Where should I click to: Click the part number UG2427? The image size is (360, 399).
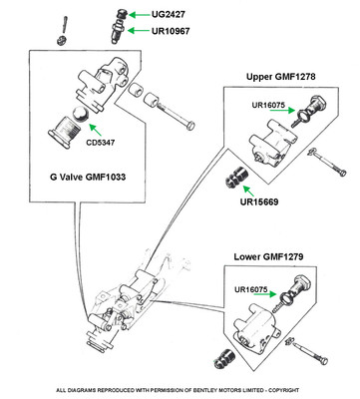coord(169,14)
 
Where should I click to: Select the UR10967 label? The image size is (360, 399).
coord(171,31)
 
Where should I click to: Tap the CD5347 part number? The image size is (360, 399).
coord(101,143)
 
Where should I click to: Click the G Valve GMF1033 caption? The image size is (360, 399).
coord(88,177)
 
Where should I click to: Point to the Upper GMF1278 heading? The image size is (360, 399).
coord(281,77)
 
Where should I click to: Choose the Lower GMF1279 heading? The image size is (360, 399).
coord(268,257)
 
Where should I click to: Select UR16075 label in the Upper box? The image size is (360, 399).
coord(268,105)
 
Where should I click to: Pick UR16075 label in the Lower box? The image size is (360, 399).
coord(251,289)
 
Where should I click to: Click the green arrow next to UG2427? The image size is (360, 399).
coord(139,14)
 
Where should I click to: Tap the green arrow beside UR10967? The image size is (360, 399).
coord(139,31)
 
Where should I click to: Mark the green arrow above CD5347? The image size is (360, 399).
coord(95,130)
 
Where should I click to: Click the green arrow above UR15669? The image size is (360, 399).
coord(248,191)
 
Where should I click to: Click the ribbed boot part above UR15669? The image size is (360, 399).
coord(235,177)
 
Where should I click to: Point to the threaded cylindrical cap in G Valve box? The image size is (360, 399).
coord(65,132)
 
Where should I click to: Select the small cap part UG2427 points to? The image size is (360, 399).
coord(122,14)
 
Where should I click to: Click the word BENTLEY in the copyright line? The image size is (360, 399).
coord(191,390)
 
